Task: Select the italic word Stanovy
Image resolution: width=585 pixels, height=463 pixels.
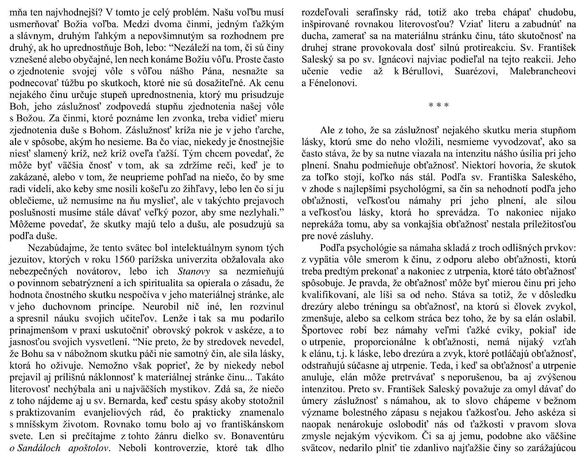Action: [x=194, y=271]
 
